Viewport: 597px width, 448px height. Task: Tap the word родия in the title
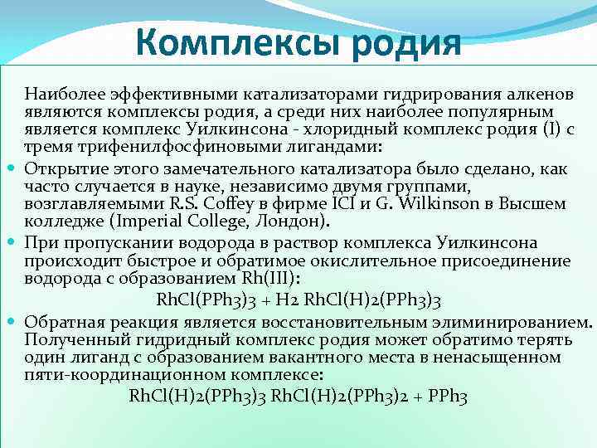pyautogui.click(x=406, y=41)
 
